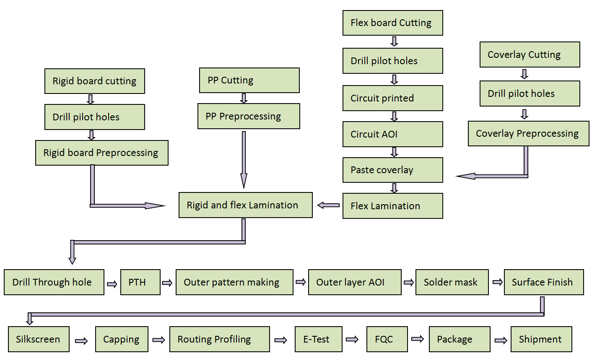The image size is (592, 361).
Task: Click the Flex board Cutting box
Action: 392,23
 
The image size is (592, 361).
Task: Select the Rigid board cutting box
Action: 94,81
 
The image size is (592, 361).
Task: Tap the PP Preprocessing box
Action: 249,116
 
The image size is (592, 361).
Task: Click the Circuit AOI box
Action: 392,134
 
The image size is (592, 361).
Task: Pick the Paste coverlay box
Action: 392,170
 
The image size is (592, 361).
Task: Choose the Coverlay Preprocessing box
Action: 528,133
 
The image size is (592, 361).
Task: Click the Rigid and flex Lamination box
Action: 245,205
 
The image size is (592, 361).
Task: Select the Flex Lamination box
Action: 392,206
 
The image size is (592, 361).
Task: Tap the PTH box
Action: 140,282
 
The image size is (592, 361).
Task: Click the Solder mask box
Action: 452,282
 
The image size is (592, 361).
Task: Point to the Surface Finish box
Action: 543,282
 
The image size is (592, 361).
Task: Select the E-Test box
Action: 318,339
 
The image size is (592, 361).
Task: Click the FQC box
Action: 387,339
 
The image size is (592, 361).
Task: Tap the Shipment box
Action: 541,339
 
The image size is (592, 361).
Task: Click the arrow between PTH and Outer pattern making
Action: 167,283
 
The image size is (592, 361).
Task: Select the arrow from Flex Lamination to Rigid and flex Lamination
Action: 328,205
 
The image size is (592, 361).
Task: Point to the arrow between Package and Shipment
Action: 501,340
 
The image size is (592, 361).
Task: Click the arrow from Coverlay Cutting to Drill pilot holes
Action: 524,74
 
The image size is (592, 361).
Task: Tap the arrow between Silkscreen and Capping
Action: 81,341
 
